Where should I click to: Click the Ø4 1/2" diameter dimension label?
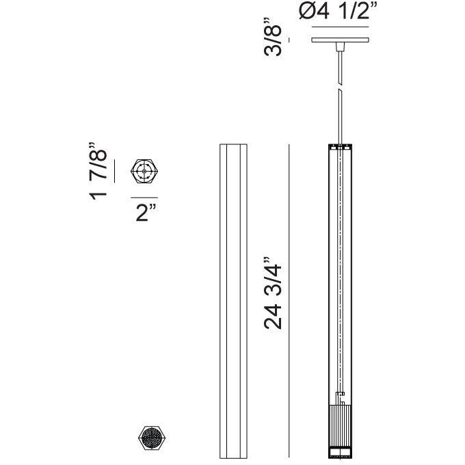[x=338, y=12]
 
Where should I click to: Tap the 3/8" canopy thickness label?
[x=273, y=37]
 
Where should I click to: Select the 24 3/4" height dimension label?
[x=273, y=293]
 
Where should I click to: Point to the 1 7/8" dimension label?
[x=98, y=171]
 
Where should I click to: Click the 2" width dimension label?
[x=146, y=212]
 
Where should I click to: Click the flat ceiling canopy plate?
[x=340, y=40]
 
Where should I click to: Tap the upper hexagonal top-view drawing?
[x=144, y=171]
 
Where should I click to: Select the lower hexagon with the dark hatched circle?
[x=152, y=438]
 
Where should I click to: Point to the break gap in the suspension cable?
[x=340, y=88]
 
